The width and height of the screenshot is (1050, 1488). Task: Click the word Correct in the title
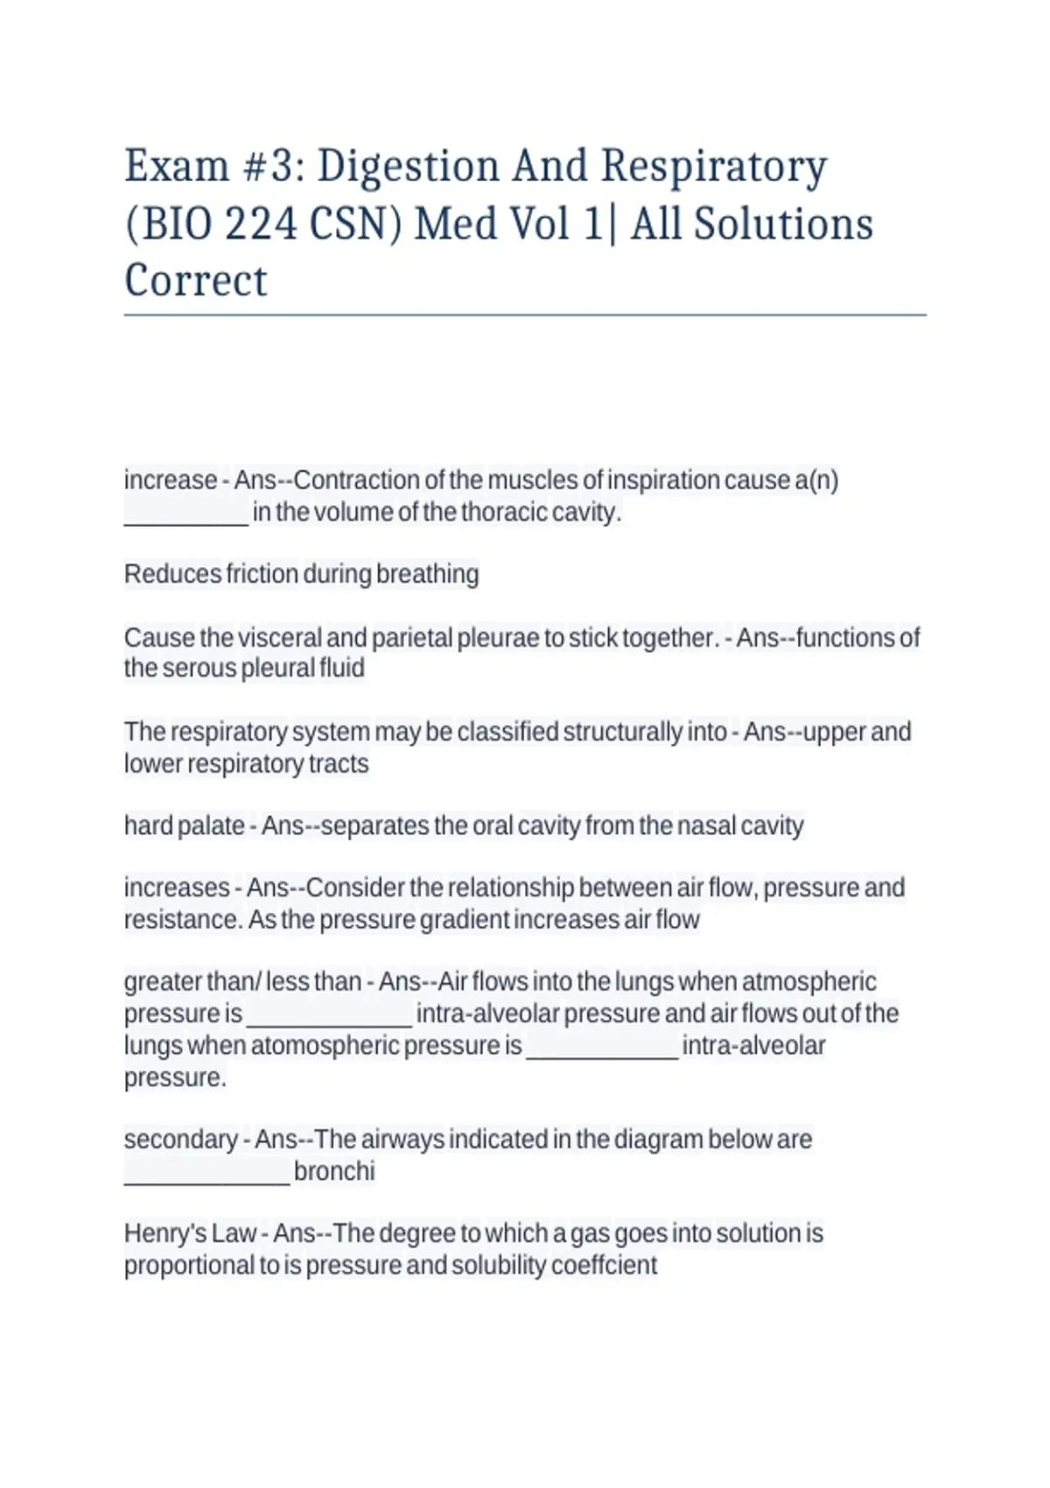click(196, 281)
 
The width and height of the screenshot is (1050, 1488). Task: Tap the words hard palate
click(184, 825)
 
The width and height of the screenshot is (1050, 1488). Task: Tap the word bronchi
click(334, 1171)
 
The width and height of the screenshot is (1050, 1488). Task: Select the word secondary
click(180, 1140)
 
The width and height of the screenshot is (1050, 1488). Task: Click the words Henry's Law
click(190, 1233)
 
